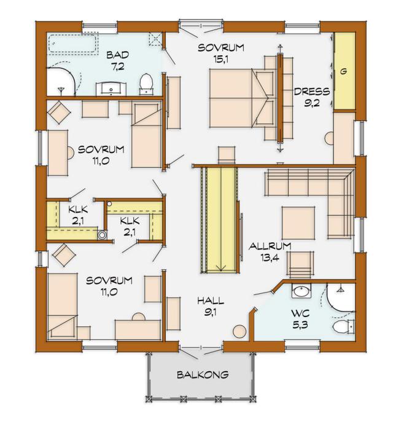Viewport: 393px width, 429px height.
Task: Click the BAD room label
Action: (117, 55)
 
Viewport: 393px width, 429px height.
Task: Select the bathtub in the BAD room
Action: (72, 44)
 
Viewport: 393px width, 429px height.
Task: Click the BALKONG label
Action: (203, 374)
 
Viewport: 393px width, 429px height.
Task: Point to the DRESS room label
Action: (312, 92)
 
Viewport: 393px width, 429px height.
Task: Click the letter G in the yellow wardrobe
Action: (343, 72)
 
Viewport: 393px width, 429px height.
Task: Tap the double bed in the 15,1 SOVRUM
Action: (242, 98)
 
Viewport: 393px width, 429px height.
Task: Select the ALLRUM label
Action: (270, 246)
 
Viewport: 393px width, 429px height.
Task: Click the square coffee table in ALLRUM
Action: (298, 223)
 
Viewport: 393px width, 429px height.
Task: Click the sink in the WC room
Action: (301, 291)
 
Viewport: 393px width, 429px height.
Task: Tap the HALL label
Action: (211, 301)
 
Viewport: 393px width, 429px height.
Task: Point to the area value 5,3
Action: (300, 325)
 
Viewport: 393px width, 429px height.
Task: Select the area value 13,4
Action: (270, 258)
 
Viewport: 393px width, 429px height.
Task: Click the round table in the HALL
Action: (239, 331)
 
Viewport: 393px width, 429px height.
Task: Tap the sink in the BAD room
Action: (111, 89)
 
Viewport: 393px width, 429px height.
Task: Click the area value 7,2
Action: (118, 66)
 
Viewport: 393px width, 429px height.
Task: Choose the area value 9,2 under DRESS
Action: (312, 103)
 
